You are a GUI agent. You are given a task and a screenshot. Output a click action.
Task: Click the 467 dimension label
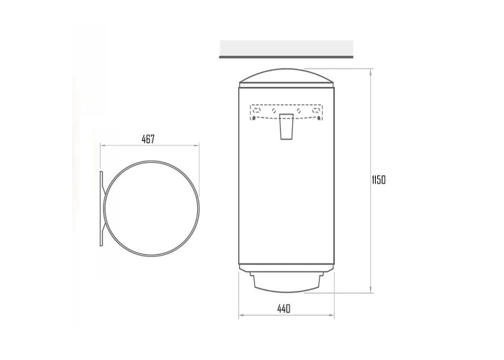coord(148,139)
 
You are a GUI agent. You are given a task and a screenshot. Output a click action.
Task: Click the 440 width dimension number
coord(284,309)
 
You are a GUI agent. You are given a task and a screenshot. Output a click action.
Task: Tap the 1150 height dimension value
coord(378,180)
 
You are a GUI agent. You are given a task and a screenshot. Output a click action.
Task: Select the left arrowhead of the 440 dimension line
coord(241,315)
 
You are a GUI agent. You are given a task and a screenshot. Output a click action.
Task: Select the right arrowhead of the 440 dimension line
coord(332,315)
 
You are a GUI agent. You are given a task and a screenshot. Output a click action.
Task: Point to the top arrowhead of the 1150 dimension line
coord(372,71)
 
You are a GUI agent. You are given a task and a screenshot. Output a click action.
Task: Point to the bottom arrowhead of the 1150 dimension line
coord(372,290)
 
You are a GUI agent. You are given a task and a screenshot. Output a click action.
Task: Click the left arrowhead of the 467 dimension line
coord(103,145)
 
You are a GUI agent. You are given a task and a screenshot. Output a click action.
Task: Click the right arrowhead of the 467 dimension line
coord(197,145)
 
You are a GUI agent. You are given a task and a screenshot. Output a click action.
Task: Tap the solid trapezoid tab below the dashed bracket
coord(286,126)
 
